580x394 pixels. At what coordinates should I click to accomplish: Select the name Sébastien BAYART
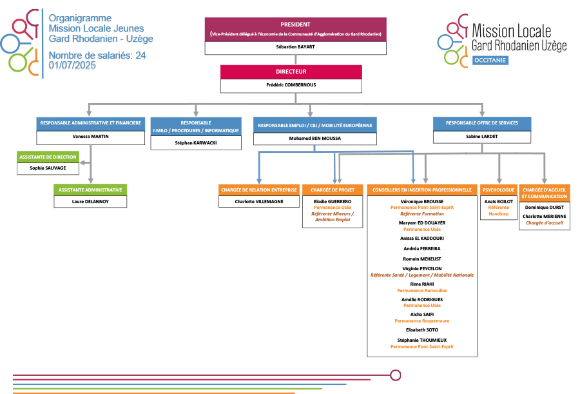[296, 47]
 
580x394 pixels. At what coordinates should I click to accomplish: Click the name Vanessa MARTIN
[90, 137]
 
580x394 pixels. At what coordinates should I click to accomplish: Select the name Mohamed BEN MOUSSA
[314, 137]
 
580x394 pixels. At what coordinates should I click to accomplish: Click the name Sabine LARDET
[482, 136]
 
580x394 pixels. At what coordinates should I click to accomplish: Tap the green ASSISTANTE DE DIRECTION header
[48, 157]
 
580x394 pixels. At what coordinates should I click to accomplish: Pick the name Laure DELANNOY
[90, 201]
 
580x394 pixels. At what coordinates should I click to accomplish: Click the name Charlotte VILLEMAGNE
[258, 201]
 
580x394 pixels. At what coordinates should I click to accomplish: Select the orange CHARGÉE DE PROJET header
[333, 190]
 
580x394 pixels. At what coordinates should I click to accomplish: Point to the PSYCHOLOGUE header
[499, 190]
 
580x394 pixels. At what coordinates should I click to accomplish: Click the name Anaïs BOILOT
[499, 201]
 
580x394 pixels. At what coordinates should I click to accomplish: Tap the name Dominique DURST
[545, 207]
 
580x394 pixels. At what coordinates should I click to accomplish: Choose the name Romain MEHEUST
[422, 259]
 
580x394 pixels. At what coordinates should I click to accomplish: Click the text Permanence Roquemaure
[422, 320]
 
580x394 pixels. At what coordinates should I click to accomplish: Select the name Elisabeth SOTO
[422, 330]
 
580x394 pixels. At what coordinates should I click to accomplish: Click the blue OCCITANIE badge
[490, 59]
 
